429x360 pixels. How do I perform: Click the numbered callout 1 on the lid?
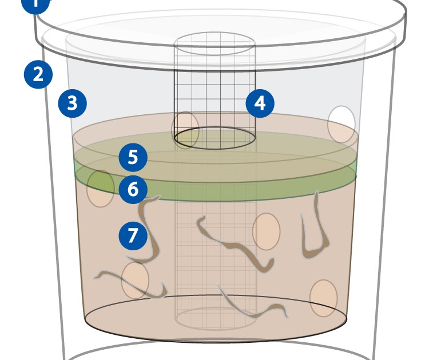(x=35, y=3)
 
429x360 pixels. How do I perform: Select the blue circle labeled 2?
(x=38, y=75)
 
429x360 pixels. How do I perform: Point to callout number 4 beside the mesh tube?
(x=260, y=103)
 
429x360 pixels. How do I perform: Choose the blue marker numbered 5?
(x=133, y=157)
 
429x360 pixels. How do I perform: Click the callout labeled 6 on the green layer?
(x=133, y=189)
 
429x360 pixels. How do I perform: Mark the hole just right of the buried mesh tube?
(x=266, y=231)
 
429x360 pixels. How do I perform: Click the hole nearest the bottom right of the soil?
(x=323, y=298)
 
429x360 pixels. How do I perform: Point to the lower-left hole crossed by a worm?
(x=135, y=280)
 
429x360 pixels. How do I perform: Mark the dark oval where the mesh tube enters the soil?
(x=214, y=138)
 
